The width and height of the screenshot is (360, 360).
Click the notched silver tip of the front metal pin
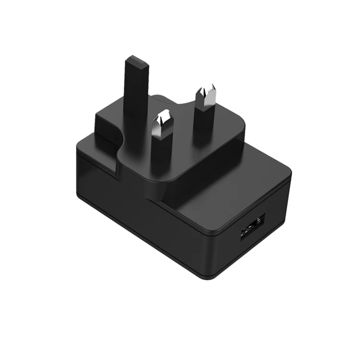tap(163, 119)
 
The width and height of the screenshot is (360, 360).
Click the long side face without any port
tap(134, 211)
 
